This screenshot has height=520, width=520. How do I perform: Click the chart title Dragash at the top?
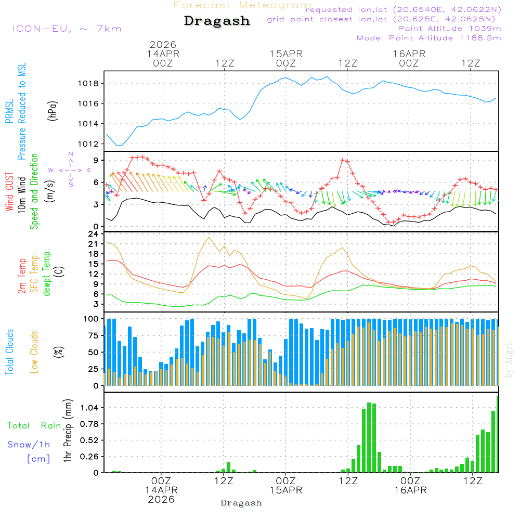tap(217, 21)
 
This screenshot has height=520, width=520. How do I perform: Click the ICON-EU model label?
tap(67, 28)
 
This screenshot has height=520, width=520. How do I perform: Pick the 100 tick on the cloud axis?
tap(92, 318)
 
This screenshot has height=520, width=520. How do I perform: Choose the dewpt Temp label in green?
tap(47, 274)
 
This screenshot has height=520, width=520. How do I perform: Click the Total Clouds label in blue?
tap(10, 352)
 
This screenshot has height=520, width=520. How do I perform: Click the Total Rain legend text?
tap(34, 425)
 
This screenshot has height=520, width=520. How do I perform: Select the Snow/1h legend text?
tap(29, 445)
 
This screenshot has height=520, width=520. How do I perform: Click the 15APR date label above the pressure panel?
tap(285, 54)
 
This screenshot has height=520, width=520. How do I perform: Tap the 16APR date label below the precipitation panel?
tap(410, 490)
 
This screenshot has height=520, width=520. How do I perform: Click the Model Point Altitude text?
tap(428, 37)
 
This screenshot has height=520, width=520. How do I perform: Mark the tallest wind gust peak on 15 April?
tap(342, 160)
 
